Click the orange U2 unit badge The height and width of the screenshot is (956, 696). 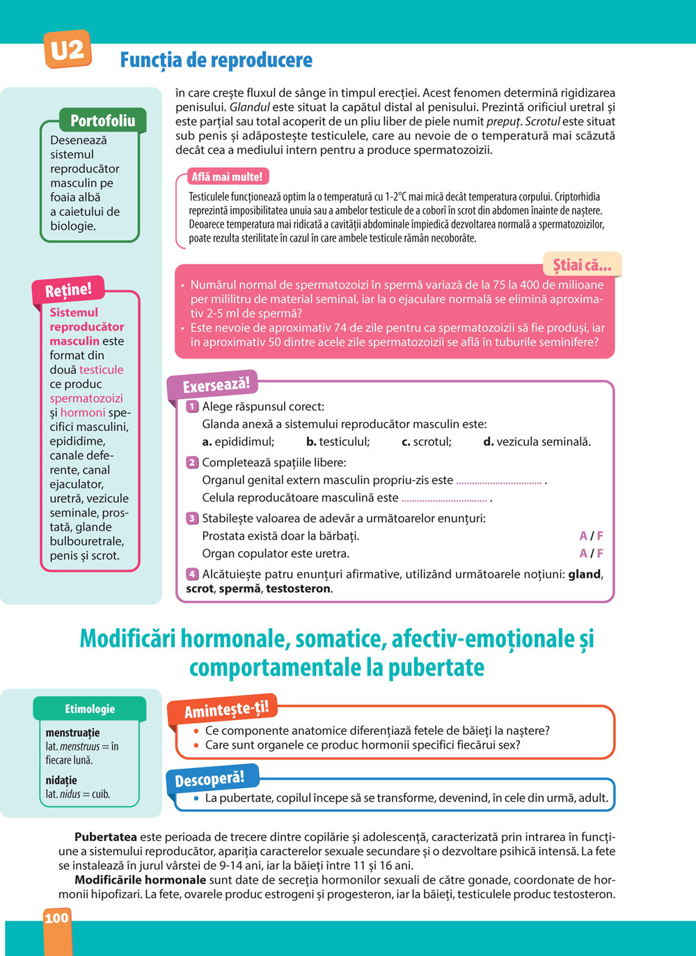(68, 50)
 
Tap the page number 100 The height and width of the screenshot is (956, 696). (56, 918)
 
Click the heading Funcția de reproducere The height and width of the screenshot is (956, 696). (216, 61)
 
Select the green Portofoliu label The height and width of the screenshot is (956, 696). (102, 120)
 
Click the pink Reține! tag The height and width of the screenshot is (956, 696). (68, 290)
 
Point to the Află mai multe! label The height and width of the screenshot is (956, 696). (227, 177)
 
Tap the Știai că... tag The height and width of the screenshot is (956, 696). (582, 265)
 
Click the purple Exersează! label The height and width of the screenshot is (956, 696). (216, 385)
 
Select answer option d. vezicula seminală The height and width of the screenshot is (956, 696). (537, 441)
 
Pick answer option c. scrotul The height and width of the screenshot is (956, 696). (427, 441)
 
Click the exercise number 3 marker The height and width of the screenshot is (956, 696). (192, 518)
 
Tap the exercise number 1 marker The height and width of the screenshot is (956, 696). (192, 407)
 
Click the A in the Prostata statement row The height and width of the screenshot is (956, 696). (583, 536)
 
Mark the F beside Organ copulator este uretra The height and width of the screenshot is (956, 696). (600, 554)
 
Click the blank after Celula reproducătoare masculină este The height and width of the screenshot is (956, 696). (444, 499)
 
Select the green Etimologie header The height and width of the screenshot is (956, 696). (90, 709)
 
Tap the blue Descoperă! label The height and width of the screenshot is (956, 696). (209, 779)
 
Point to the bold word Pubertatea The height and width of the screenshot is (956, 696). (106, 837)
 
